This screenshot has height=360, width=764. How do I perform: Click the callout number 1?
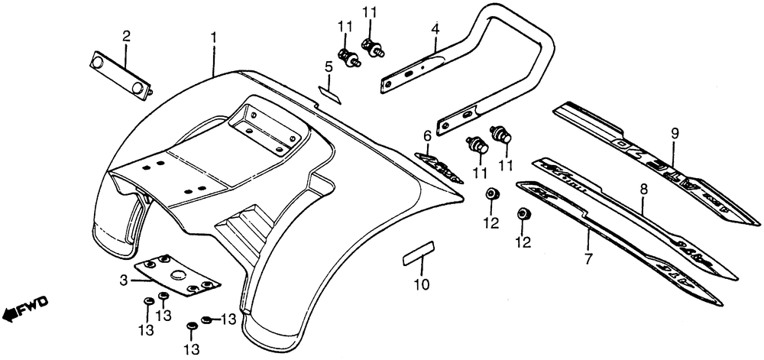pyautogui.click(x=215, y=37)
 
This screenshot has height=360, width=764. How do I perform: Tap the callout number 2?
pyautogui.click(x=126, y=35)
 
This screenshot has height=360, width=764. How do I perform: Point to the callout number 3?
pyautogui.click(x=123, y=282)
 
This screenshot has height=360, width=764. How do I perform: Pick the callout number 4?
pyautogui.click(x=435, y=31)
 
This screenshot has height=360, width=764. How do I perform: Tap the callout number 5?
pyautogui.click(x=328, y=67)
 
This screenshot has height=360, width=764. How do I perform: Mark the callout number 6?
pyautogui.click(x=428, y=136)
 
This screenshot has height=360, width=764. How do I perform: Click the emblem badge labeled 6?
pyautogui.click(x=438, y=164)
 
